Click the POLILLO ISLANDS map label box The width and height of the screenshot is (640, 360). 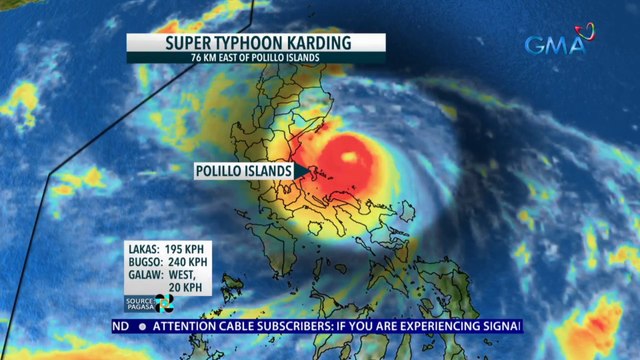click(x=243, y=171)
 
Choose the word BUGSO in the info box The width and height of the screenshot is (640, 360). click(x=145, y=262)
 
